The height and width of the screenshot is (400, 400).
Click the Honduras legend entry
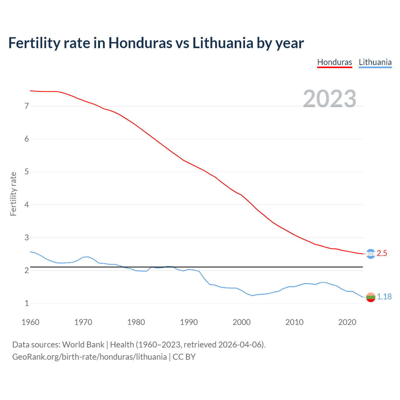(334, 62)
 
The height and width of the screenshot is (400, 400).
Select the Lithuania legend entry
(375, 62)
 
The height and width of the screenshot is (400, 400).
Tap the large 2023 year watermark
(329, 99)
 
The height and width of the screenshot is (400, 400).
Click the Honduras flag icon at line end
(370, 254)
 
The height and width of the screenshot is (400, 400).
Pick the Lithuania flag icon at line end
(370, 297)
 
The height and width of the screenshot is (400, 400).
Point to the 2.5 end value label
(382, 253)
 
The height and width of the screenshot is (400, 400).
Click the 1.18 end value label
(384, 297)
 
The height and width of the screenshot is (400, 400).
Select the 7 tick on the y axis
(27, 106)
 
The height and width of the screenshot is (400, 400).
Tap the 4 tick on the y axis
(27, 205)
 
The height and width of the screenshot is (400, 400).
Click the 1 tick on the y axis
(27, 303)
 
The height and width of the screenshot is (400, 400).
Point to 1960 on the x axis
(30, 322)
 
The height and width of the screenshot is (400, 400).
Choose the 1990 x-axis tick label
(189, 322)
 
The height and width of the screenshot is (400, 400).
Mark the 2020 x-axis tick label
(347, 322)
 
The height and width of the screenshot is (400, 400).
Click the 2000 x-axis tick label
(242, 322)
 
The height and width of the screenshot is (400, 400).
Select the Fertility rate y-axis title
(13, 194)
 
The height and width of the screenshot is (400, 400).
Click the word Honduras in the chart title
(140, 43)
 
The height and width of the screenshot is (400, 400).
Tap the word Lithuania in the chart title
(223, 43)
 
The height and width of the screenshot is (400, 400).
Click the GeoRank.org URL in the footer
(89, 357)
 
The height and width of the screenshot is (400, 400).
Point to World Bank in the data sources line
(83, 345)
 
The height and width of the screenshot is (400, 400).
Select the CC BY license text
(184, 357)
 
